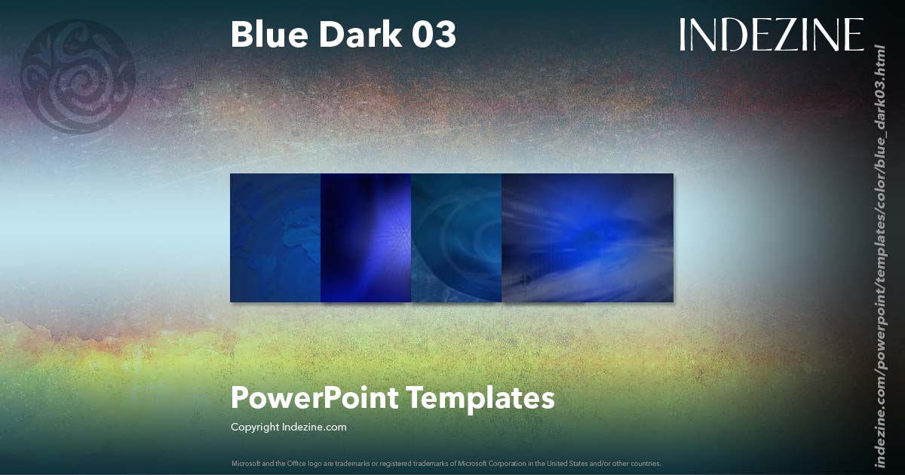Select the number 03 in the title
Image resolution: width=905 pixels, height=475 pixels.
[434, 35]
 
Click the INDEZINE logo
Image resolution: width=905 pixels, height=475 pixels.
[771, 35]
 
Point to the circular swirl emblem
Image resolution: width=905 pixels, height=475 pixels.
[78, 76]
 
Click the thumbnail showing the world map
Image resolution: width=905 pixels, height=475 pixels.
[275, 237]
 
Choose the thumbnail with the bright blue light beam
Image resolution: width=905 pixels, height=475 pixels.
[366, 237]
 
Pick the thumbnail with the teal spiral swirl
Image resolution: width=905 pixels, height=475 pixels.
[456, 237]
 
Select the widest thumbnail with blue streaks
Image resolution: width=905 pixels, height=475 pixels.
[587, 237]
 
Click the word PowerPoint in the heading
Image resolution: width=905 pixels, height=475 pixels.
[314, 397]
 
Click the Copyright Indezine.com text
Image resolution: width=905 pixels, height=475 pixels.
[289, 427]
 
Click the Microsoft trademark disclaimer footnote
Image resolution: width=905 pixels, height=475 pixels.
[446, 463]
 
